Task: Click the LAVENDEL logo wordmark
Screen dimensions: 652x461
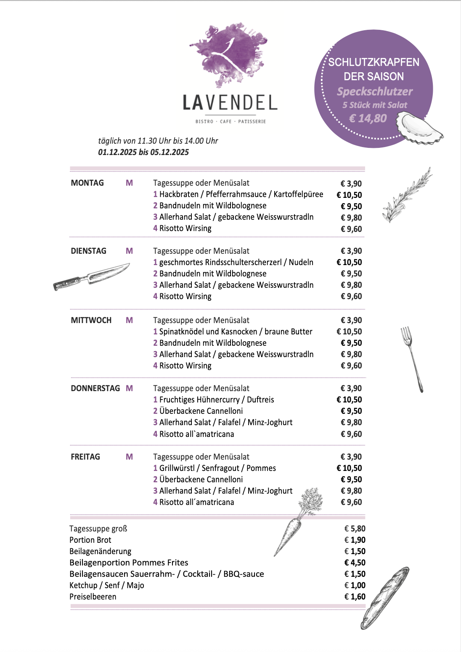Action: tap(230, 103)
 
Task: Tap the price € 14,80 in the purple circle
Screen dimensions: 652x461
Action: tap(368, 118)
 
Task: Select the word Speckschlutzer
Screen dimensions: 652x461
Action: tap(374, 92)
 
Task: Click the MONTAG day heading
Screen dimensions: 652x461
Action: tap(87, 183)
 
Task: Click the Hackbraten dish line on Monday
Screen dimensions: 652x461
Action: tap(238, 194)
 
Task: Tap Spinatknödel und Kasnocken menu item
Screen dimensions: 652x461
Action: tap(233, 331)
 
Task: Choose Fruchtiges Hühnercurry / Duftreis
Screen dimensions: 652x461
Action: tap(214, 400)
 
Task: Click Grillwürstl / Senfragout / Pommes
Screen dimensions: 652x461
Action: tap(215, 468)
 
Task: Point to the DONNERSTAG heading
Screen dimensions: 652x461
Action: tap(95, 388)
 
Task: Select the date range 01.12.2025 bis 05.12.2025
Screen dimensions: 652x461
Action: tap(143, 152)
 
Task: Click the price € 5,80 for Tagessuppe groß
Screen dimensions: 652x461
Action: tap(355, 528)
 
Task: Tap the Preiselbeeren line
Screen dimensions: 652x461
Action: tap(93, 597)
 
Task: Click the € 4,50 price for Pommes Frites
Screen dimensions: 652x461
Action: tap(355, 563)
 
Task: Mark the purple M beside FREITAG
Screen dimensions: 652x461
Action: tap(129, 457)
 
